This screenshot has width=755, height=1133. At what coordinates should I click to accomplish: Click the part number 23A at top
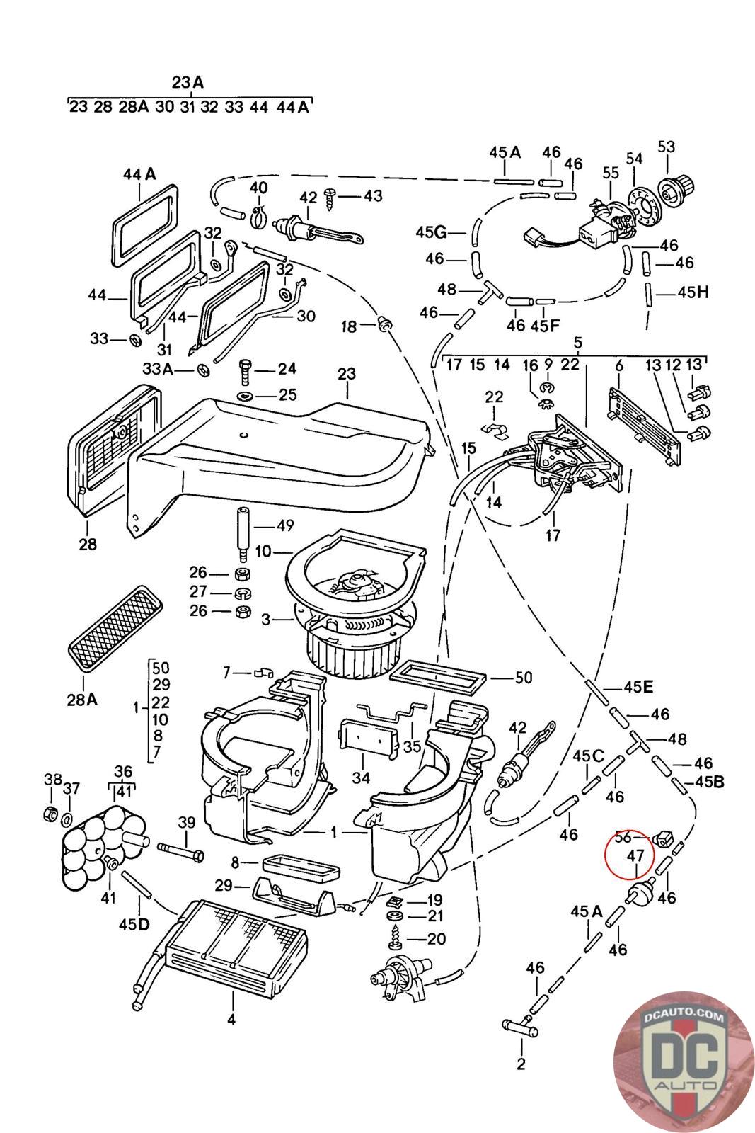tap(188, 82)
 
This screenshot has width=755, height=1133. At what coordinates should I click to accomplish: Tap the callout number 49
tap(284, 526)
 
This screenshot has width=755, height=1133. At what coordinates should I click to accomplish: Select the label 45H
tap(693, 292)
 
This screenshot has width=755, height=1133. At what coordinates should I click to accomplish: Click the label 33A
tap(157, 369)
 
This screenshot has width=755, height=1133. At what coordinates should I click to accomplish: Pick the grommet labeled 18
tap(385, 324)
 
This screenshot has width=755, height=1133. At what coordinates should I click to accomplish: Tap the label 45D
tap(134, 923)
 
